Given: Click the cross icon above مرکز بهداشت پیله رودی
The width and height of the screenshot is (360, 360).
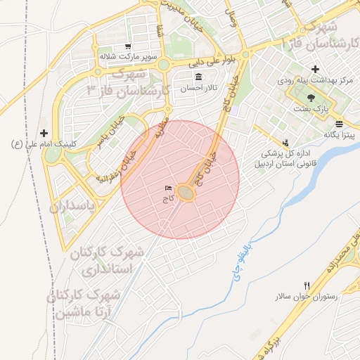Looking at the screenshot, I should coord(315,70).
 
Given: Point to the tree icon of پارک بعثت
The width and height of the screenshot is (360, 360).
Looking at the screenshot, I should coord(311,98).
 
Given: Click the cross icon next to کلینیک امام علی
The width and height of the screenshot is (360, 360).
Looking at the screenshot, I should coord(44,133).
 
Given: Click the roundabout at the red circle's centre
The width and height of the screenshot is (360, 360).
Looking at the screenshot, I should coord(186,192).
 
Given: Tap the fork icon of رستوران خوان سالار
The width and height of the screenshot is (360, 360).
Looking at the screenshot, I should coord(307,285).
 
